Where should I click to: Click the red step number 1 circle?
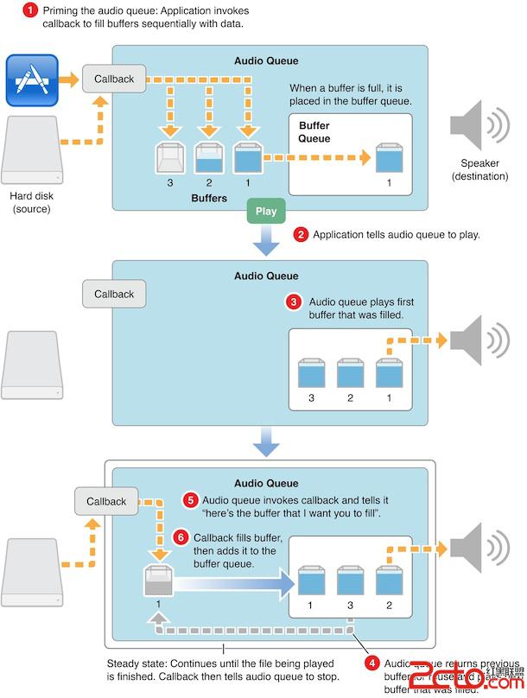29,11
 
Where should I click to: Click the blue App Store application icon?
32,79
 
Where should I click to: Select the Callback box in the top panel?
114,79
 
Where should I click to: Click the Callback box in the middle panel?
114,294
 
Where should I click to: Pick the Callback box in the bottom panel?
106,501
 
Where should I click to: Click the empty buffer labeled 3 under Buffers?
170,159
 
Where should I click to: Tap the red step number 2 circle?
302,234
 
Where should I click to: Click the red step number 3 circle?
294,302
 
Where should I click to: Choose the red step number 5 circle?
192,499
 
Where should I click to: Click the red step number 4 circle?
372,663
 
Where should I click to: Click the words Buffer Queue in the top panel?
314,131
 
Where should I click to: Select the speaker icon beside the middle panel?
479,339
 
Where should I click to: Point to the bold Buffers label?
209,198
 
